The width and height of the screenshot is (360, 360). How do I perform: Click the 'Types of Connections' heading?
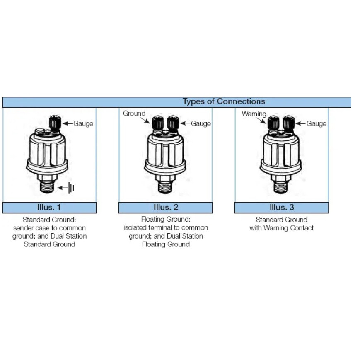point(224,101)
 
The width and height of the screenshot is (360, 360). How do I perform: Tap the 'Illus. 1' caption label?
point(49,207)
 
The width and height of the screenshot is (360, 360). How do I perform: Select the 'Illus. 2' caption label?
point(166,207)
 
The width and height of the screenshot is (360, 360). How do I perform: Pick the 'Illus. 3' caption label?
point(282,207)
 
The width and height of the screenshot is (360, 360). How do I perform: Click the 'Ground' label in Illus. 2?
point(134,114)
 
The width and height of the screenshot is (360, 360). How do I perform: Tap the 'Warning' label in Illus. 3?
point(254,114)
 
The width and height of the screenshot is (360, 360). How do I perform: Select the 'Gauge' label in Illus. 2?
point(201,123)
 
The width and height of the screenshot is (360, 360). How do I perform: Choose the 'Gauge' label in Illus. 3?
point(317,123)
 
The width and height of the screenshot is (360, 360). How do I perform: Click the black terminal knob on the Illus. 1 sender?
point(55,122)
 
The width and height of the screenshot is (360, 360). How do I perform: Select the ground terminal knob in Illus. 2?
point(157,123)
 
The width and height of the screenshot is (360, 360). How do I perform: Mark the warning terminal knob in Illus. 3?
point(273,123)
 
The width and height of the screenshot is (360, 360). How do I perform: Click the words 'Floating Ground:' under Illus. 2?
point(166,220)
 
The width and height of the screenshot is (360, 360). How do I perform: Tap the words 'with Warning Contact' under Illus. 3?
point(282,228)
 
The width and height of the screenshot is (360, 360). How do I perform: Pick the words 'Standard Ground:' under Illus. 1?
point(49,220)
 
